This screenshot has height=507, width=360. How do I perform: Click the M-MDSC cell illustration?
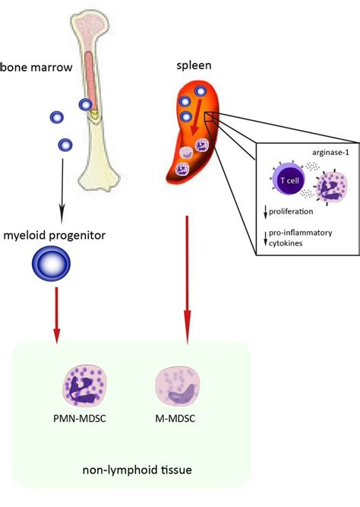[x=179, y=387]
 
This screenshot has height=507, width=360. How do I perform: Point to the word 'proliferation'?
[x=293, y=216]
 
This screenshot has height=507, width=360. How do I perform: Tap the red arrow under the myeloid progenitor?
[x=55, y=320]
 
